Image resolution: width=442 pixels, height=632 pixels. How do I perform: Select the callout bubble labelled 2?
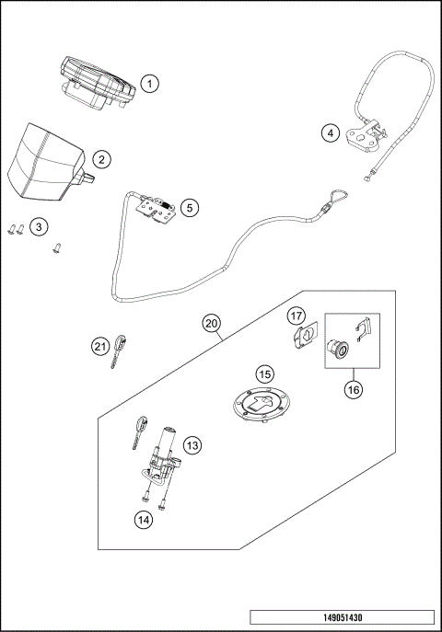coord(101,159)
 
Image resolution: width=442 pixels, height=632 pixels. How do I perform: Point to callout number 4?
coord(329,132)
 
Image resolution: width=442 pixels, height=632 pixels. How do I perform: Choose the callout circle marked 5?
coord(189,208)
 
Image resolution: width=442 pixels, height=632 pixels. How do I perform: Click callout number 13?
coord(192,446)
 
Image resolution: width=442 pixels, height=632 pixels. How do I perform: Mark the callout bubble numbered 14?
coord(144,520)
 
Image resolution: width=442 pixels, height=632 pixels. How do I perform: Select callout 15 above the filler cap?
coord(264,374)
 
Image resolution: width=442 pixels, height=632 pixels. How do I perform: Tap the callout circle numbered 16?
coord(353,389)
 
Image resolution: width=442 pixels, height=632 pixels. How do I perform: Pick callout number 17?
coord(297,316)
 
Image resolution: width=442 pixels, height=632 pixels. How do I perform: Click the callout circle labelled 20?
coord(212,324)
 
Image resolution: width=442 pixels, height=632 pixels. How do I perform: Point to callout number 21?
coord(99,346)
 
